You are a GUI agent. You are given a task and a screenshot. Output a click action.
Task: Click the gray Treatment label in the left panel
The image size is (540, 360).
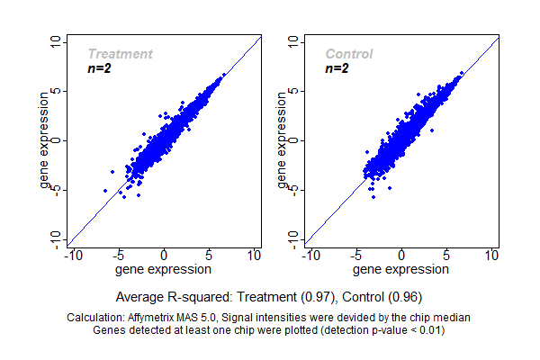click(x=120, y=54)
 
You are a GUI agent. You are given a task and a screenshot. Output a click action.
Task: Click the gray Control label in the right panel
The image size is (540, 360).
click(x=349, y=54)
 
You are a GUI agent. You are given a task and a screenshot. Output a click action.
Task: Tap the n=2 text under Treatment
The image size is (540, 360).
click(x=99, y=68)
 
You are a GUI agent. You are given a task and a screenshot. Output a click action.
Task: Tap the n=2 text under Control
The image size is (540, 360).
click(x=337, y=68)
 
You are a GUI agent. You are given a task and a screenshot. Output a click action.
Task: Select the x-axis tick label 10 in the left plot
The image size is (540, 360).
click(x=255, y=256)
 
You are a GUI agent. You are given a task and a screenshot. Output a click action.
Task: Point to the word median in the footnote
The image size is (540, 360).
click(x=452, y=318)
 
